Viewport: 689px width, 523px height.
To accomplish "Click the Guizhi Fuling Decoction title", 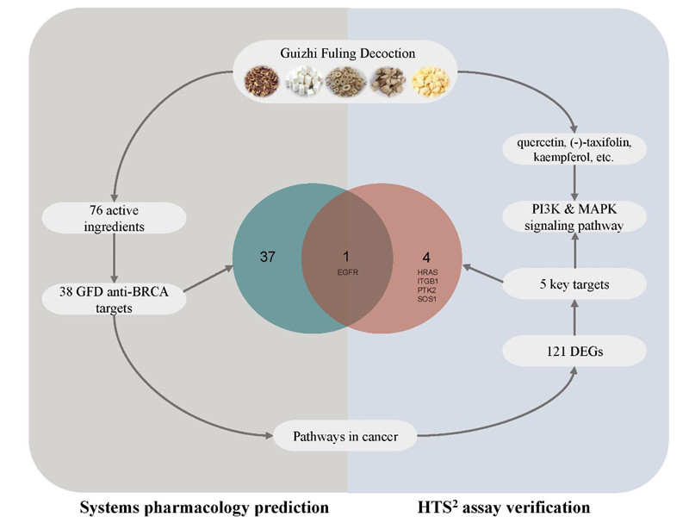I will coord(348,53).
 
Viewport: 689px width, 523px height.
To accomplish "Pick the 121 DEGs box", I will coord(574,349).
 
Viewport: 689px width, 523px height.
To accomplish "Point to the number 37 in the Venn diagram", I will coord(267,257).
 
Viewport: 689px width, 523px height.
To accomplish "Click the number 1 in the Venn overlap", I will coord(346,257).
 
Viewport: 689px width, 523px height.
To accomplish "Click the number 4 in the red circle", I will coord(426,257).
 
